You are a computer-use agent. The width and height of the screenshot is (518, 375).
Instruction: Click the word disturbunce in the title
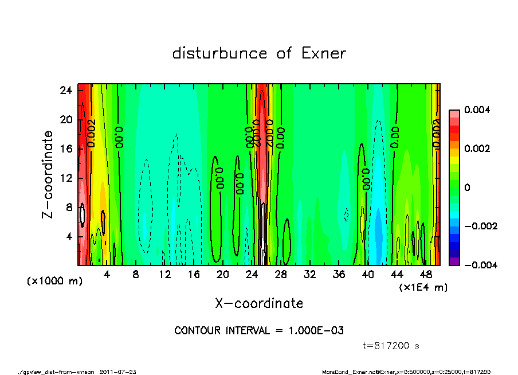coord(219,54)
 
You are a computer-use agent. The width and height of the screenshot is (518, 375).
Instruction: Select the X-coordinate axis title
coord(259,303)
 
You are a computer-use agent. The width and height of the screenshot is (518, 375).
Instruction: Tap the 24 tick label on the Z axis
coord(66,90)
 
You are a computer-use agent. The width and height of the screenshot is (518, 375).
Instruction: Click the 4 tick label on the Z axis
coord(69,236)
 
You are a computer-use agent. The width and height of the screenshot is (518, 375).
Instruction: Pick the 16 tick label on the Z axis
coord(66,149)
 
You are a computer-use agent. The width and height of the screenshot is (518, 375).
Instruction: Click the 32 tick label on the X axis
coord(310,275)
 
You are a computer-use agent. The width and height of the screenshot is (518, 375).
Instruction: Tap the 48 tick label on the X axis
coord(426,275)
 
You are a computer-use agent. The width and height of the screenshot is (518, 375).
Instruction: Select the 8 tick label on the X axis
coord(136,275)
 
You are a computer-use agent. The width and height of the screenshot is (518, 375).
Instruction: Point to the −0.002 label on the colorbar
coord(477,226)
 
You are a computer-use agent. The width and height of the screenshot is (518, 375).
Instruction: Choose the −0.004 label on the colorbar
coord(477,265)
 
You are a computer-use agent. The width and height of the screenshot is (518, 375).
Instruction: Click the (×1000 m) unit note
coord(50,282)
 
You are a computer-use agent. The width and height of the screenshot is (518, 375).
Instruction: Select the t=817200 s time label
coord(392,346)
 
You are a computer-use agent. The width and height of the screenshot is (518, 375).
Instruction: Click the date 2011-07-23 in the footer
coord(118,372)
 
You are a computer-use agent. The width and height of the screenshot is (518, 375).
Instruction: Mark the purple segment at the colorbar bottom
coord(454,261)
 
